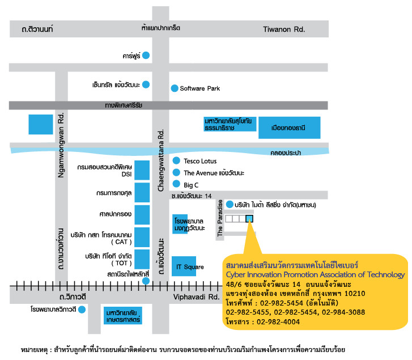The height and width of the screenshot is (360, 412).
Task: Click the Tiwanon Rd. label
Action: click(284, 29)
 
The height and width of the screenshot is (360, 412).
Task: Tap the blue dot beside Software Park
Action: click(175, 88)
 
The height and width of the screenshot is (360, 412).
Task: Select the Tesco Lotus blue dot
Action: click(176, 160)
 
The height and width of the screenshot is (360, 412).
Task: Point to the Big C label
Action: click(191, 185)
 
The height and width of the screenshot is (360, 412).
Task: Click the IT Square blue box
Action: click(184, 266)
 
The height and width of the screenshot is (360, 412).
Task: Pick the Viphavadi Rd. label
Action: click(196, 297)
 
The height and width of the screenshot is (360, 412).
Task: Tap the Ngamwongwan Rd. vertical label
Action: click(61, 145)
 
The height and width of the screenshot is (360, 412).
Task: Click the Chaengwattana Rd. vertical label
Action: click(160, 160)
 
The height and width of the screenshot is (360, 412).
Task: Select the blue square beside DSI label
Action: click(142, 170)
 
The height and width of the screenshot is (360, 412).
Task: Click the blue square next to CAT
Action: click(142, 238)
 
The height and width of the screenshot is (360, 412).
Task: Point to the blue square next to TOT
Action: click(142, 259)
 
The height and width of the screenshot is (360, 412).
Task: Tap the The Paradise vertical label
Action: click(220, 218)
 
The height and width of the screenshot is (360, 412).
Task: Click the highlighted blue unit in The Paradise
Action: click(249, 219)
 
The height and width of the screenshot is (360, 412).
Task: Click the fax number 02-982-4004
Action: click(278, 322)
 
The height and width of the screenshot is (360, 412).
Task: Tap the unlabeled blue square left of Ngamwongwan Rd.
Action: click(41, 124)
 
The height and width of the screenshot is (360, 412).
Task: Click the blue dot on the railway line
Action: click(146, 281)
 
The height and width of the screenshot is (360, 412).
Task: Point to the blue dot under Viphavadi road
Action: click(82, 310)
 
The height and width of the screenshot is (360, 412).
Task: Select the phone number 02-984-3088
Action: click(343, 312)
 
